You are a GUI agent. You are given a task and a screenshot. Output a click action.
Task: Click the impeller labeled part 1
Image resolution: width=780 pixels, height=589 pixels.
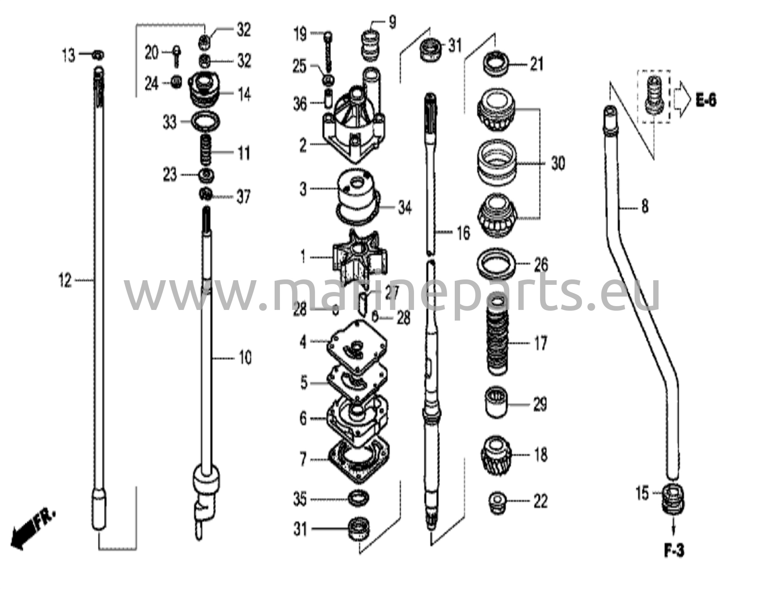click(x=360, y=257)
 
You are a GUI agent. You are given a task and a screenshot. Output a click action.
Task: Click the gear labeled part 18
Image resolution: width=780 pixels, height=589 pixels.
click(x=495, y=455)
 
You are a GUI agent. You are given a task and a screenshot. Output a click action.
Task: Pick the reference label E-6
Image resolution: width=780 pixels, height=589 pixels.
click(x=706, y=101)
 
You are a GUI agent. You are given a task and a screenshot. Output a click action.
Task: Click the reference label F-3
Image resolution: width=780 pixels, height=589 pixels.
click(x=674, y=551)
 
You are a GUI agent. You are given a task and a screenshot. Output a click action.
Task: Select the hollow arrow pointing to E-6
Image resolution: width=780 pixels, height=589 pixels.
click(x=681, y=101)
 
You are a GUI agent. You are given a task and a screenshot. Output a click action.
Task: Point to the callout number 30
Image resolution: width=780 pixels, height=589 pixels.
click(x=558, y=164)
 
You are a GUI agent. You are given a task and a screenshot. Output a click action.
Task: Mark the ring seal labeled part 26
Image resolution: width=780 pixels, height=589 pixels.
click(x=497, y=264)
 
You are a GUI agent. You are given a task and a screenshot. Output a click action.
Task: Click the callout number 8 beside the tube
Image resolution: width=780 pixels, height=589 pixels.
click(x=644, y=208)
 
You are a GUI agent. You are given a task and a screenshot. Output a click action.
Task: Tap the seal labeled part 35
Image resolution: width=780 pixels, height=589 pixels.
click(x=358, y=498)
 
